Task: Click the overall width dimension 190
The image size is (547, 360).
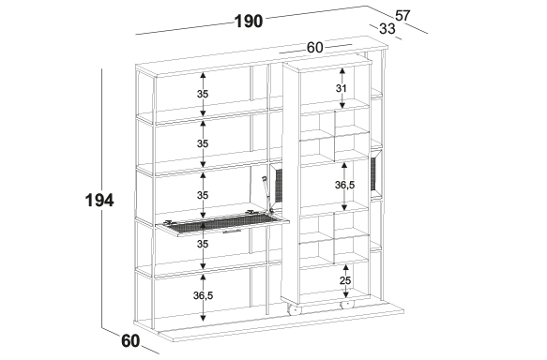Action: point(249,22)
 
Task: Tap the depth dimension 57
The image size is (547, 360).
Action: point(403,16)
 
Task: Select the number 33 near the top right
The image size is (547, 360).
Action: point(387,28)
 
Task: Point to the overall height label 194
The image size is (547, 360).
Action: point(99,201)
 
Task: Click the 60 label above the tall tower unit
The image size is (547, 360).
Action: point(314,48)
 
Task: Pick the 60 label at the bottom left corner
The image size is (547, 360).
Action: point(130,341)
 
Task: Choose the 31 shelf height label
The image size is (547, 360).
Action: point(342,88)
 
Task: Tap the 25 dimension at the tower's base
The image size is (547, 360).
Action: point(345,280)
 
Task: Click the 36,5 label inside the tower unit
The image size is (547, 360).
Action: point(344,185)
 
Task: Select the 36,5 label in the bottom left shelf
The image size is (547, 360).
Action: point(203,295)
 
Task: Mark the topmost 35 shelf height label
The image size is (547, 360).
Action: point(203,94)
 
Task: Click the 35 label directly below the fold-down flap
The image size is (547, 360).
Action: point(203,245)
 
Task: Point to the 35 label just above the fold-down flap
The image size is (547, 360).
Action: point(203,195)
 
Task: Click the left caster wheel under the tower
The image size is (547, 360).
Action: point(294,309)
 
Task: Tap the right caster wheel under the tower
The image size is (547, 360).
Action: point(347,305)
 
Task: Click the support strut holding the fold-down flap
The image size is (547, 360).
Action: point(267,194)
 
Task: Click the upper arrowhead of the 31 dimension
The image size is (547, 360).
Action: point(342,70)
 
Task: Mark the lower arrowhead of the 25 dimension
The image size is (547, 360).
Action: point(345,294)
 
